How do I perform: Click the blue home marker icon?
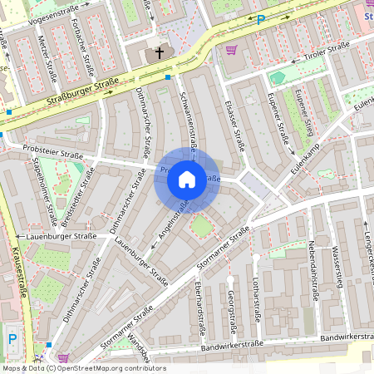tap(187, 180)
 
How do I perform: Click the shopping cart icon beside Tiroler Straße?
tap(231, 49)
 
